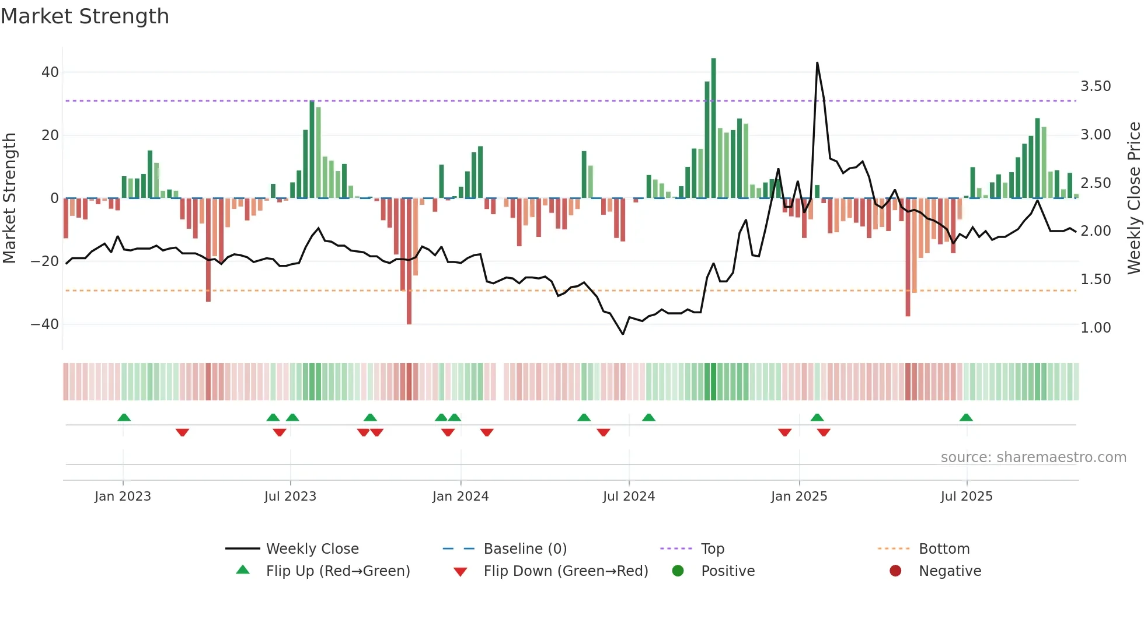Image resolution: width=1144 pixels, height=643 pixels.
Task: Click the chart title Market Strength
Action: (85, 16)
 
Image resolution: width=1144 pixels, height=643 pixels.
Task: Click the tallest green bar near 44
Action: (713, 128)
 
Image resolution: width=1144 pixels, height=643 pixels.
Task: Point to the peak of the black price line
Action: (817, 63)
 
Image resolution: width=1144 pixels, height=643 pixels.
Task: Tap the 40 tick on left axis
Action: (50, 72)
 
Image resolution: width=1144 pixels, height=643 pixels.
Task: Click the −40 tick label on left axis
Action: (45, 324)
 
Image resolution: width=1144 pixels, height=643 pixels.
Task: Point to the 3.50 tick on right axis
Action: (1096, 86)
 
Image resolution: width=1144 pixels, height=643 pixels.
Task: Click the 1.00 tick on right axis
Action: (1096, 328)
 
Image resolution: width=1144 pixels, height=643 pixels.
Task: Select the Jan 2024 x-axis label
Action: (461, 497)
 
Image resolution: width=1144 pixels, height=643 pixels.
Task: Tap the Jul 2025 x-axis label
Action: (967, 497)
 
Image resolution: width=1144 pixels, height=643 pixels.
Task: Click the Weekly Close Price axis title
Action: (1133, 198)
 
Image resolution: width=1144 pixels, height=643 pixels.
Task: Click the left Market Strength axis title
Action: (10, 198)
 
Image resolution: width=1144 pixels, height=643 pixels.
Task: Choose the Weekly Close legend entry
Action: (312, 549)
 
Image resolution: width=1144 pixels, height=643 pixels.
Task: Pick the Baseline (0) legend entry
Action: (525, 549)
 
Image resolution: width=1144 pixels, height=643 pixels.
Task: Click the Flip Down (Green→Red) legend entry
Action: (566, 571)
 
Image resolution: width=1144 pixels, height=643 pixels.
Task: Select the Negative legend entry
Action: (950, 571)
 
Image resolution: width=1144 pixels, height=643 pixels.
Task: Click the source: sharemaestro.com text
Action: (1033, 457)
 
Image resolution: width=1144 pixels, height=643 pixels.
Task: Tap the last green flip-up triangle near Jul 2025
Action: (966, 418)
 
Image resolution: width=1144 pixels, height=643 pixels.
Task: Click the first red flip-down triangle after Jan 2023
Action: (182, 432)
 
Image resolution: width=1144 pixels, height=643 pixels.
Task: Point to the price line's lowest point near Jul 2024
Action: (623, 334)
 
